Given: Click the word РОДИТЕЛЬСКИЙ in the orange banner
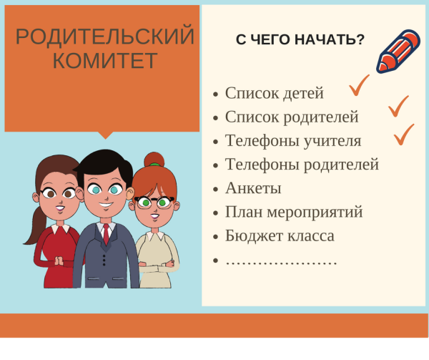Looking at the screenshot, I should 105,37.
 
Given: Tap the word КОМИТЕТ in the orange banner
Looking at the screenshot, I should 105,61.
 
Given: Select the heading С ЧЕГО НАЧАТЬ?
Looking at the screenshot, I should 300,39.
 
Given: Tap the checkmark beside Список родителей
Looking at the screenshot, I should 399,107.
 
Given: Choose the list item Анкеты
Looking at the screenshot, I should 253,188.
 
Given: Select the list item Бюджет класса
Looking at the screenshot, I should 280,235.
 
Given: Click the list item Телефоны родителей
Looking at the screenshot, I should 302,165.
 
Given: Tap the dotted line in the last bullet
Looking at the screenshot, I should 281,261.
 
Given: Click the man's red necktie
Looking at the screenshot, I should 106,233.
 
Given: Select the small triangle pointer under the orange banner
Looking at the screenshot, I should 105,135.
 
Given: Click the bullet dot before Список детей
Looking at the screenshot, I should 216,94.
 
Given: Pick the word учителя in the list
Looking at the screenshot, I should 330,141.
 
